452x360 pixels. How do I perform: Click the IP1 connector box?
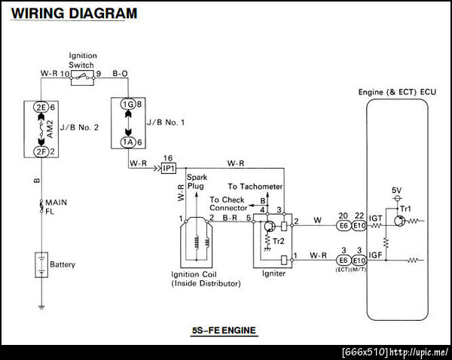pyautogui.click(x=168, y=168)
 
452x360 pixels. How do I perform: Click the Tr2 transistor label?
pyautogui.click(x=279, y=241)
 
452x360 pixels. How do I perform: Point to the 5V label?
pyautogui.click(x=396, y=190)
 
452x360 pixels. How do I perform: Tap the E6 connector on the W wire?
pyautogui.click(x=343, y=224)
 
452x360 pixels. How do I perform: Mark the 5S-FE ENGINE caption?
pyautogui.click(x=225, y=330)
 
